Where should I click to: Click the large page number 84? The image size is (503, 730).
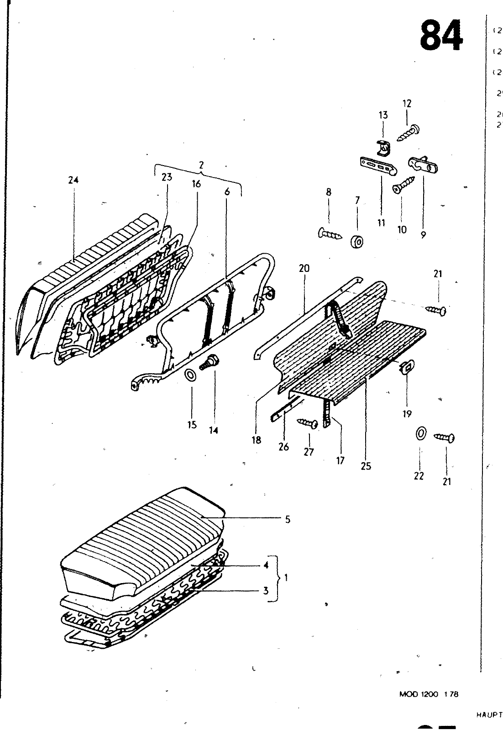point(441,36)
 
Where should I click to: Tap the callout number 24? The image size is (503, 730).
point(73,180)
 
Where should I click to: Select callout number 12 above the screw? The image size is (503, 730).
point(407,104)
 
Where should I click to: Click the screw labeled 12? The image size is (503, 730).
point(409,132)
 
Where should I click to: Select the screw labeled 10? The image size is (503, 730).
point(403,185)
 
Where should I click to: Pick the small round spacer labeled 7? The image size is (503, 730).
point(356,241)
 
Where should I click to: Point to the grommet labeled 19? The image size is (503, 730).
point(406,366)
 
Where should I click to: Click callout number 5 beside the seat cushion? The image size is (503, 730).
point(288,519)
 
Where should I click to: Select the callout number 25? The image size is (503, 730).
point(366,466)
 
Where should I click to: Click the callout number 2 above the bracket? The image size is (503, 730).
point(201,165)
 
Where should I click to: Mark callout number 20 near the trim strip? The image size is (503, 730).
point(304,268)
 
